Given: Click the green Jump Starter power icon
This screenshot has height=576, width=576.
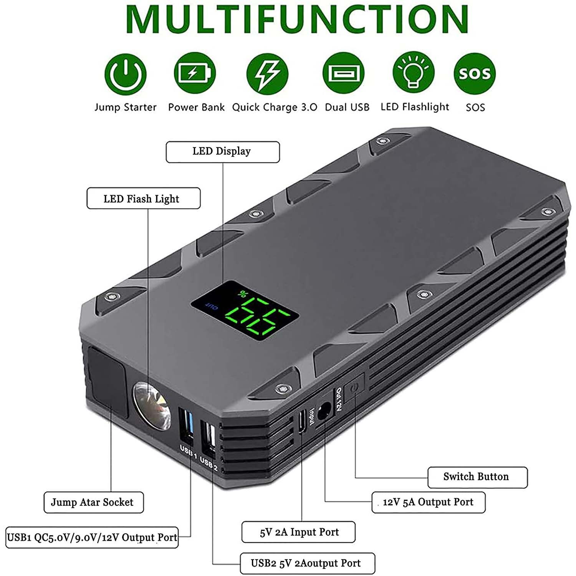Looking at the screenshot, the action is pos(126,74).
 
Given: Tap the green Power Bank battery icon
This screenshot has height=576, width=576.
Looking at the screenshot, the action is pos(195,73).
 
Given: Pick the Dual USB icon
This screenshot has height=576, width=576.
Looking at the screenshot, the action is pos(344,73).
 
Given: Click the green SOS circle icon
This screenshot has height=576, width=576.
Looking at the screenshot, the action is pos(475,73).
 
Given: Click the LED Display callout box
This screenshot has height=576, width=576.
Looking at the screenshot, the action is pos(223,152).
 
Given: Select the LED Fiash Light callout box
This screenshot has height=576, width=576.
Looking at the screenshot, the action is pos(144,198).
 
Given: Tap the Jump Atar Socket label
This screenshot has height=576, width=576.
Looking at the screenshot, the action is pos(94,502).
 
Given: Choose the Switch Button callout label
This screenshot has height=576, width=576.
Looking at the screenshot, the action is pos(478,477).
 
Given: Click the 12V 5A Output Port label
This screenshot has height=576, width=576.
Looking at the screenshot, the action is pos(429,502).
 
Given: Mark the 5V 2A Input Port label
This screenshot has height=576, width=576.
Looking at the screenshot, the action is pos(298,532).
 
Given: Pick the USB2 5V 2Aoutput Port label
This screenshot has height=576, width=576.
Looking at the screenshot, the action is pos(307,563).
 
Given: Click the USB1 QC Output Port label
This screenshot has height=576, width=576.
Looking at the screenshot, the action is pos(92,537).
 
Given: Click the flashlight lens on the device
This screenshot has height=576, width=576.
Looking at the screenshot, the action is pos(152,406).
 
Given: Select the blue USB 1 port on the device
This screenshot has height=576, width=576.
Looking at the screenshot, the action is pos(186,426).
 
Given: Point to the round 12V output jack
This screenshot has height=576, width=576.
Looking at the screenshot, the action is pos(324,410).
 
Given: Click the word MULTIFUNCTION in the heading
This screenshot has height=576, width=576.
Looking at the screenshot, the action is pos(297,19).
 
